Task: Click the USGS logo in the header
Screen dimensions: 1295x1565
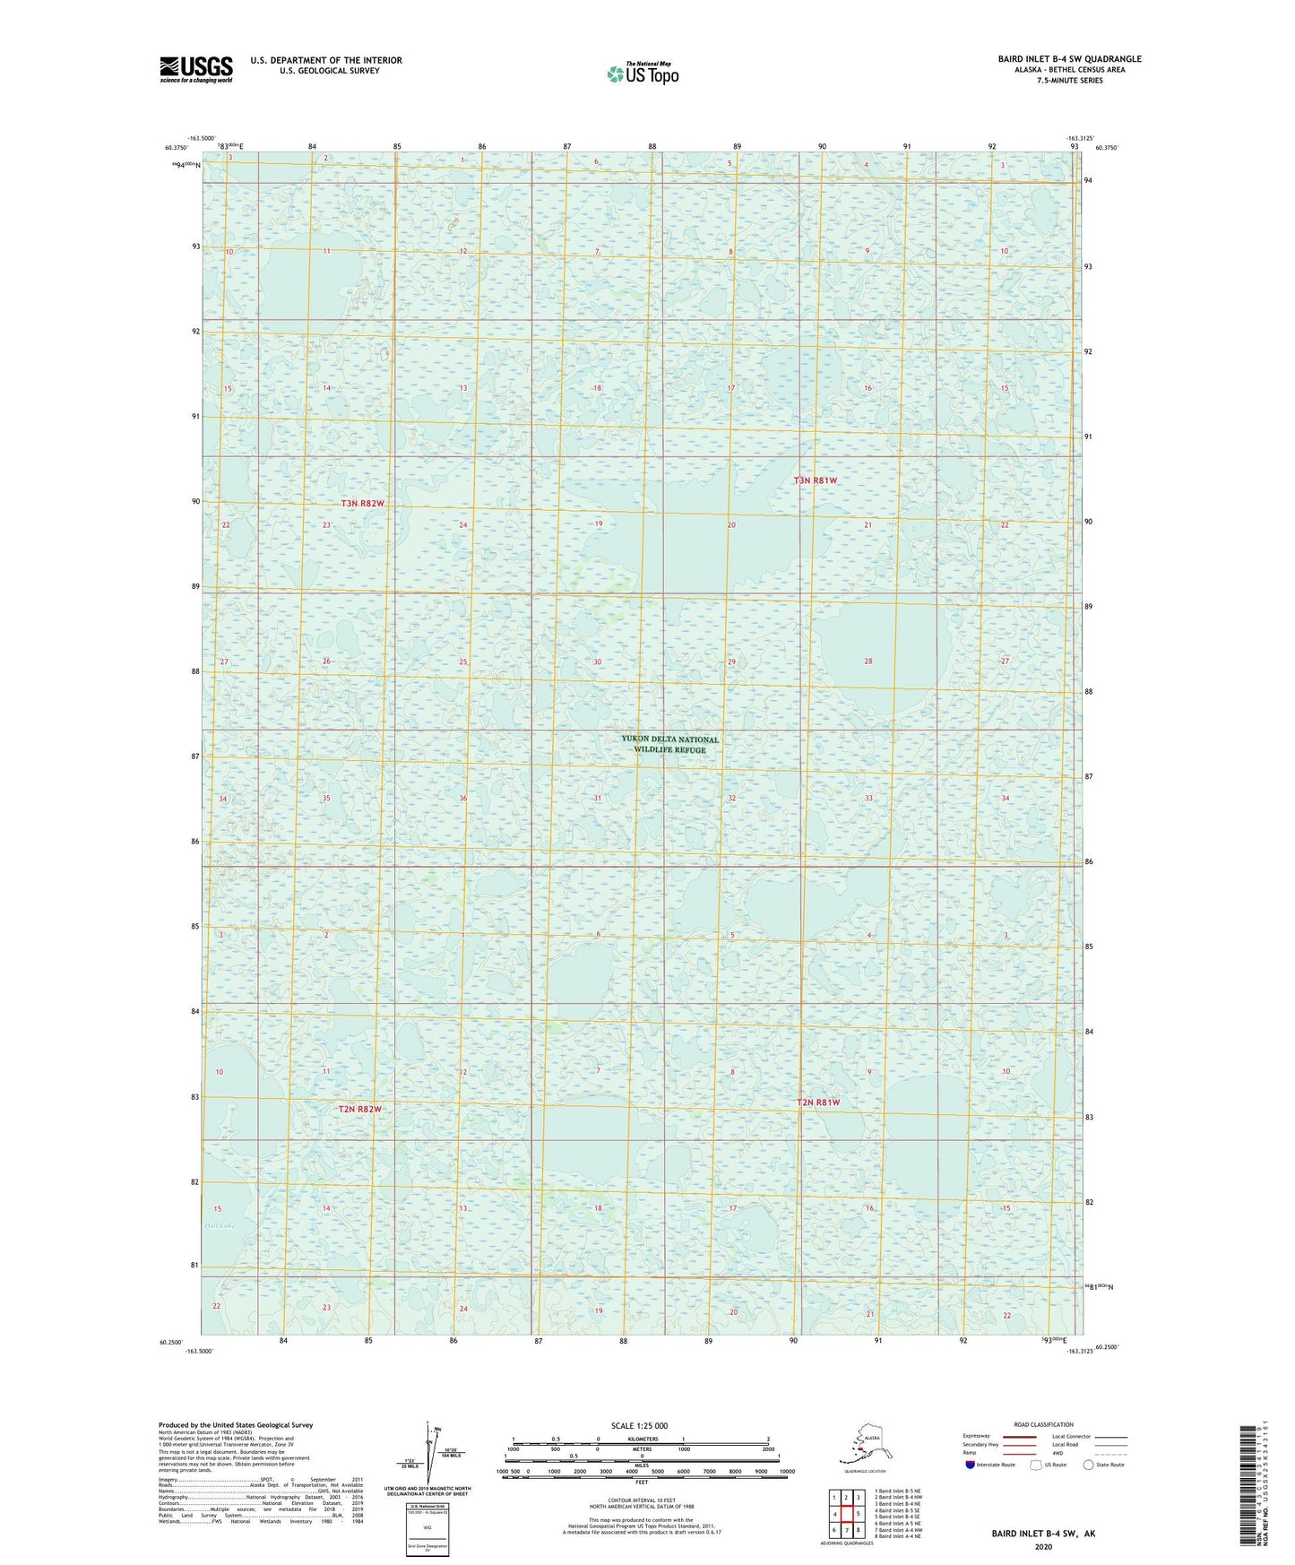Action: pos(195,69)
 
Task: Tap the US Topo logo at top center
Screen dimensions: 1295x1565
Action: pos(642,73)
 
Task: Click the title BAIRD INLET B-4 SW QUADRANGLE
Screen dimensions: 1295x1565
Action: pos(1069,59)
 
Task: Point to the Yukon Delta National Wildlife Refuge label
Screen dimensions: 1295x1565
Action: pos(669,744)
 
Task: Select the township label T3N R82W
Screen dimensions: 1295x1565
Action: pos(361,504)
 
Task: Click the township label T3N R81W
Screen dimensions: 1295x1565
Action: pos(816,480)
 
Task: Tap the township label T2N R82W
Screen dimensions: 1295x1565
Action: pos(359,1109)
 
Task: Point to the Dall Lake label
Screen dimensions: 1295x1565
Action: pos(218,1224)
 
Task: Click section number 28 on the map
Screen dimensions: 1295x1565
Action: pos(868,661)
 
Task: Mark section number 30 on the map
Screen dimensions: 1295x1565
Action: pos(597,661)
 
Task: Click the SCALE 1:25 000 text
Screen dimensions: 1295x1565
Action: pos(639,1425)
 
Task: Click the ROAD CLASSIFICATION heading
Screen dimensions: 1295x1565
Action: pos(1043,1424)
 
